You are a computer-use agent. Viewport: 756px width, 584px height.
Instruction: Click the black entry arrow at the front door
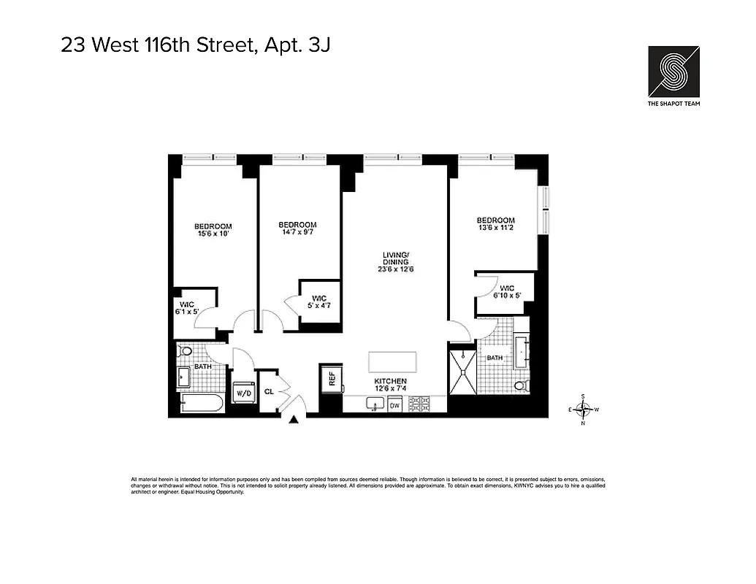click(294, 419)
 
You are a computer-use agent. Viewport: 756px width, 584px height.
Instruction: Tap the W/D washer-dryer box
click(243, 393)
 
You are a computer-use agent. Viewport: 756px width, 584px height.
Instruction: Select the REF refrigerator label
click(332, 379)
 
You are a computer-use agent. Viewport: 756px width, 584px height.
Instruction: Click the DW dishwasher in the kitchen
click(394, 404)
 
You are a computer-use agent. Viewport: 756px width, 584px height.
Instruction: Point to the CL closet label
click(269, 391)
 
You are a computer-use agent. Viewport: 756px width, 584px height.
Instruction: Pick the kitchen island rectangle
click(392, 362)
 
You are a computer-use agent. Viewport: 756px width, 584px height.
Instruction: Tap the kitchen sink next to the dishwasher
click(373, 404)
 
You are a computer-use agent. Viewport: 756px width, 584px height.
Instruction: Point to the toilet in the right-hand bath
click(521, 385)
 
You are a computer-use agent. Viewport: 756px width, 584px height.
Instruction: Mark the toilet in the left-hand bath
click(186, 352)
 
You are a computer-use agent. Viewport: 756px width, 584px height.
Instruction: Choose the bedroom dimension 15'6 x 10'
click(213, 234)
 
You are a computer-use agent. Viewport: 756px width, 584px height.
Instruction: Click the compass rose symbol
click(583, 409)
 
